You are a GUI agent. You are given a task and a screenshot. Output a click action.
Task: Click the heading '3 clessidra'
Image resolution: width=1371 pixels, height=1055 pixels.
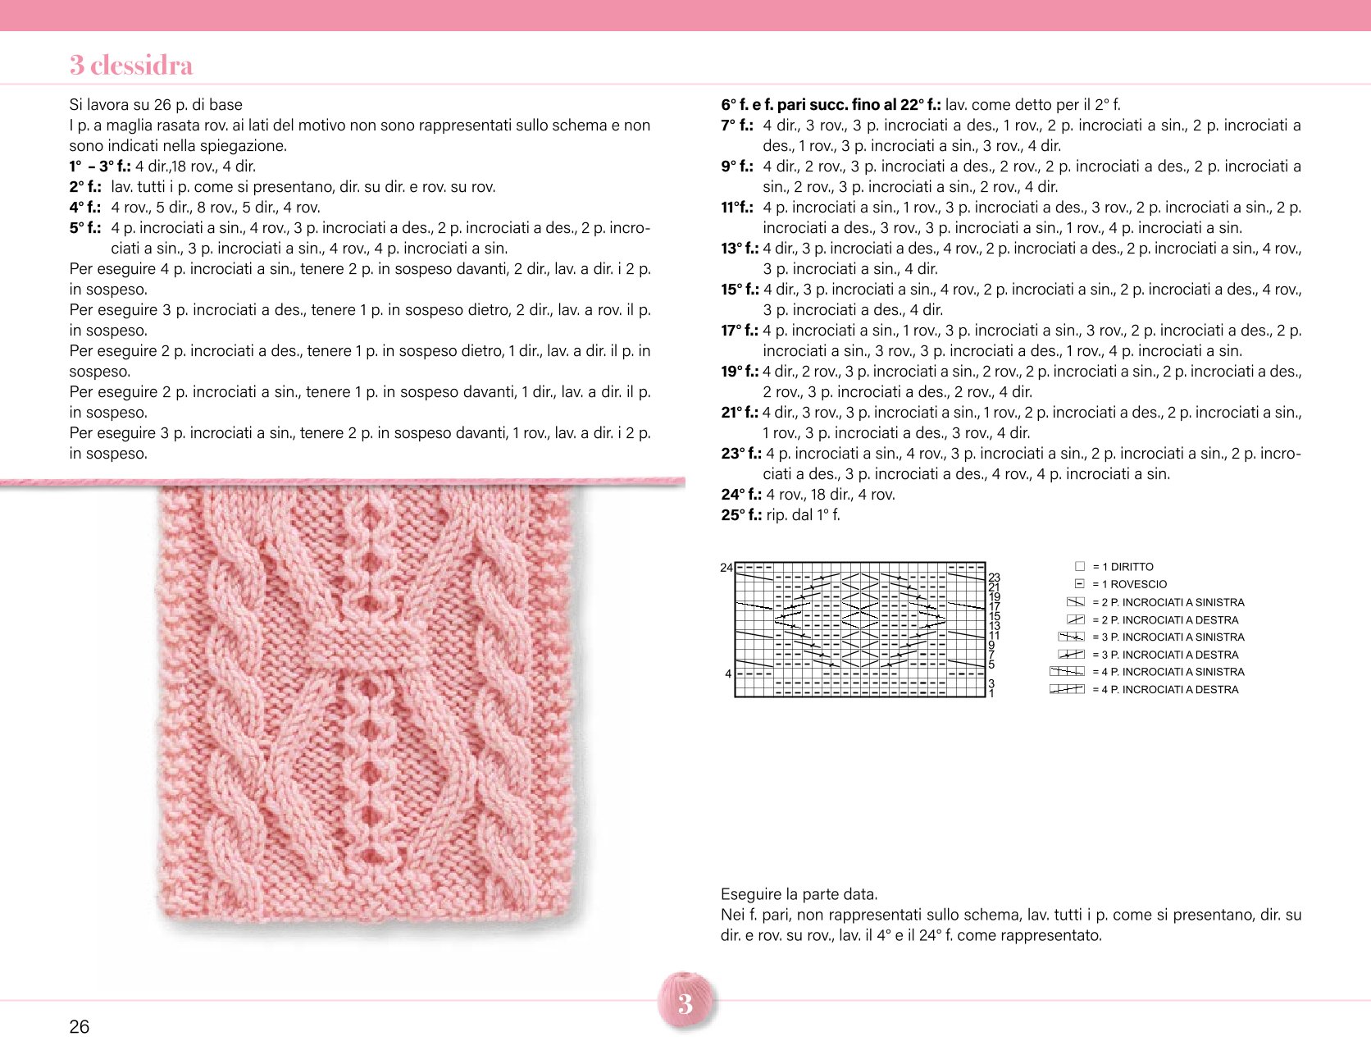(x=131, y=65)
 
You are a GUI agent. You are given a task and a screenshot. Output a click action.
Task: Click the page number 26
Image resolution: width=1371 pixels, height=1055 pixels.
(x=80, y=1026)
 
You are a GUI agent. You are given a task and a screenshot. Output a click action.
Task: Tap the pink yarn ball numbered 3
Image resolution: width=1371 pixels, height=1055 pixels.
(x=685, y=1001)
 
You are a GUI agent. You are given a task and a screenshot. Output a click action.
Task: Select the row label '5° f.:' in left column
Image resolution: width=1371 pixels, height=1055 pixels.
(x=84, y=228)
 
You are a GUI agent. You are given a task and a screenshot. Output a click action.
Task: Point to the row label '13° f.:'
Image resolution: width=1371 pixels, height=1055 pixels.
(x=740, y=249)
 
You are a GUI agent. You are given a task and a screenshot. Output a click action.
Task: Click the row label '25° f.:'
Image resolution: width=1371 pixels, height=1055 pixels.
(x=741, y=515)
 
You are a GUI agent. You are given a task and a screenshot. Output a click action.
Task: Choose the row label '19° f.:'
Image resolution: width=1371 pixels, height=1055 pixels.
(x=740, y=372)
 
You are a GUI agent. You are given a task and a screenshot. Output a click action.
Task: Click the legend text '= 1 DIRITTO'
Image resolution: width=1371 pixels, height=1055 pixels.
(x=1123, y=567)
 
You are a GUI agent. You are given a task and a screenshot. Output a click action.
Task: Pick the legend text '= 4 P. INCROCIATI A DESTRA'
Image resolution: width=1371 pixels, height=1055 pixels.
(x=1165, y=690)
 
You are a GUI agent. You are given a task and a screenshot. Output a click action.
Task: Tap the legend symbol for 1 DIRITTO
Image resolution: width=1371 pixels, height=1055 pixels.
(x=1079, y=566)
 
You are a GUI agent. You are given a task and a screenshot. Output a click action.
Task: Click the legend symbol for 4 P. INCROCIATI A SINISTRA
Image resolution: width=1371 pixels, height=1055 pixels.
(x=1067, y=671)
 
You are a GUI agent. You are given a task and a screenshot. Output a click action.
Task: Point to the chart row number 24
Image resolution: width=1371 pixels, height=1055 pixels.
(x=726, y=568)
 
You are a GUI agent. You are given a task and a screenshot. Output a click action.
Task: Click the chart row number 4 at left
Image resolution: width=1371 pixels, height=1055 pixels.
(x=728, y=674)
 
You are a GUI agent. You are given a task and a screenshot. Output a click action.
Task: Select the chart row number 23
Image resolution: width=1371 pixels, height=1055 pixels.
(x=995, y=578)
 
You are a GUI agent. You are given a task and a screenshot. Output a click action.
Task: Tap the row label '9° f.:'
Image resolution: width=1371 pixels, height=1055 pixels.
(x=737, y=167)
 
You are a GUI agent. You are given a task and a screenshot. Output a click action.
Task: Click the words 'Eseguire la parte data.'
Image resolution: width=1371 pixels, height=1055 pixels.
(x=799, y=894)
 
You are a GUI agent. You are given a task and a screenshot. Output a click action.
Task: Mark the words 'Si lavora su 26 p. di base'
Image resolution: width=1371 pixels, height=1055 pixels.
(x=156, y=105)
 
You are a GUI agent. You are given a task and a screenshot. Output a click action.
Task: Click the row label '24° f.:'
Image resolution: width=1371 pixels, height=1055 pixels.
(x=741, y=495)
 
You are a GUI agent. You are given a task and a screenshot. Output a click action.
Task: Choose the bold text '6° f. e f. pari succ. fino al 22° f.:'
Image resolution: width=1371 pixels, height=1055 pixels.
(x=831, y=105)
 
